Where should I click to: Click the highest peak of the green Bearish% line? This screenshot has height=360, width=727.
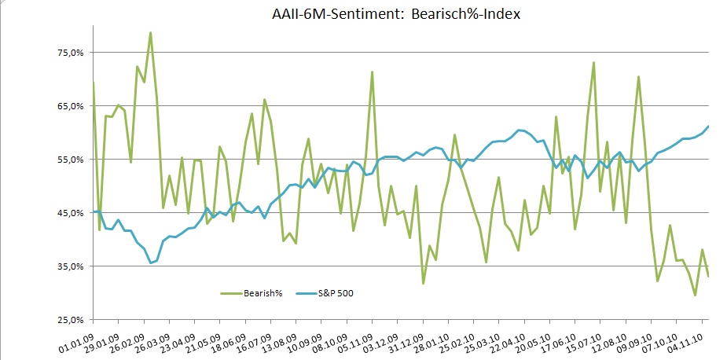click(150, 32)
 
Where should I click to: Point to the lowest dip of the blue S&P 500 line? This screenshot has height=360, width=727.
click(150, 263)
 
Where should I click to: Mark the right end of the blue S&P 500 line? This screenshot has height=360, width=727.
click(708, 126)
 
